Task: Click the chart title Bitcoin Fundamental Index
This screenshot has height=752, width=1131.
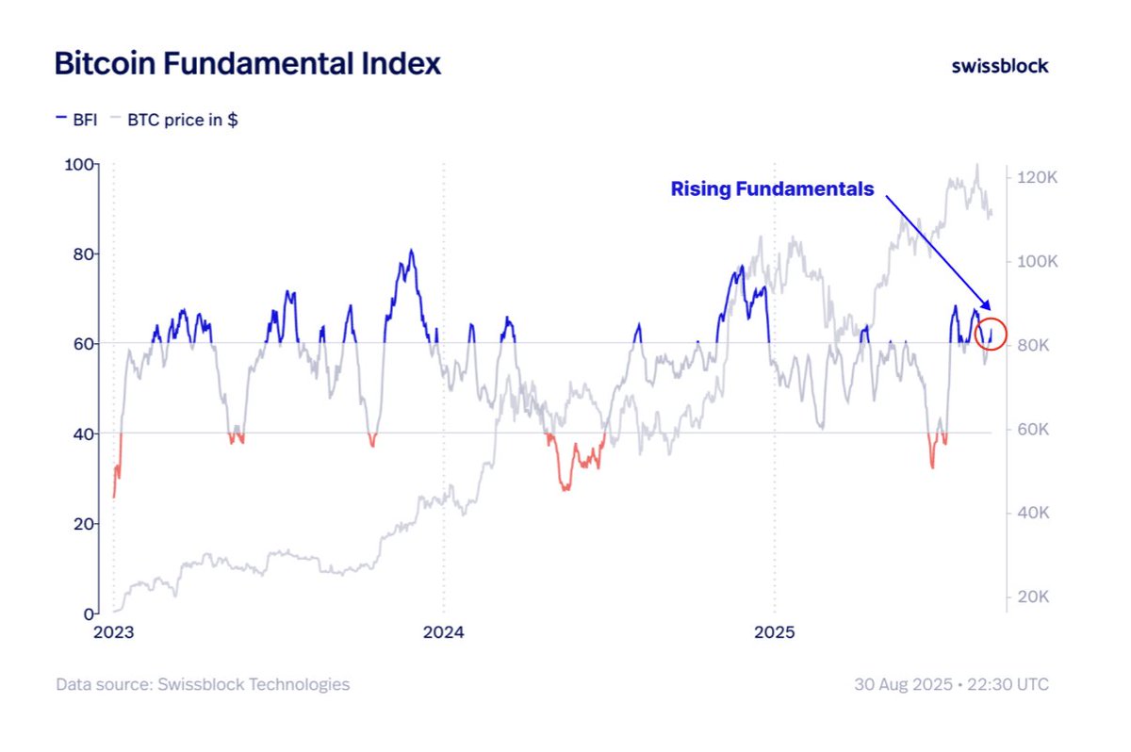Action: pyautogui.click(x=247, y=64)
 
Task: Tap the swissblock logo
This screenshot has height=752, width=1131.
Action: pyautogui.click(x=999, y=65)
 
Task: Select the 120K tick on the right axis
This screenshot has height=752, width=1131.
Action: pyautogui.click(x=1038, y=177)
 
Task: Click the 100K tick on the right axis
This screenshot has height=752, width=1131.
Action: pyautogui.click(x=1038, y=261)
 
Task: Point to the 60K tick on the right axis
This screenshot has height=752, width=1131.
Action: pyautogui.click(x=1036, y=430)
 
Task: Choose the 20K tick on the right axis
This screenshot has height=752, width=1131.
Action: pyautogui.click(x=1036, y=597)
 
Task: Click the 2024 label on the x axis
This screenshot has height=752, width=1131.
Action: pyautogui.click(x=443, y=632)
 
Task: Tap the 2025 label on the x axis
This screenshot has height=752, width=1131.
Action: pyautogui.click(x=774, y=632)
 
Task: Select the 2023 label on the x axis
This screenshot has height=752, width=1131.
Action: pyautogui.click(x=114, y=632)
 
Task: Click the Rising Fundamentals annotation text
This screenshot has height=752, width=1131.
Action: pyautogui.click(x=772, y=189)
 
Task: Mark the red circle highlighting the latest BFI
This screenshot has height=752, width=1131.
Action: pyautogui.click(x=992, y=334)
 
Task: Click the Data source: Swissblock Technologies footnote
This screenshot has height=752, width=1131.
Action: pyautogui.click(x=203, y=684)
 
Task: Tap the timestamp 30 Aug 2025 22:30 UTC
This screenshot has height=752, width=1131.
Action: pyautogui.click(x=951, y=684)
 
